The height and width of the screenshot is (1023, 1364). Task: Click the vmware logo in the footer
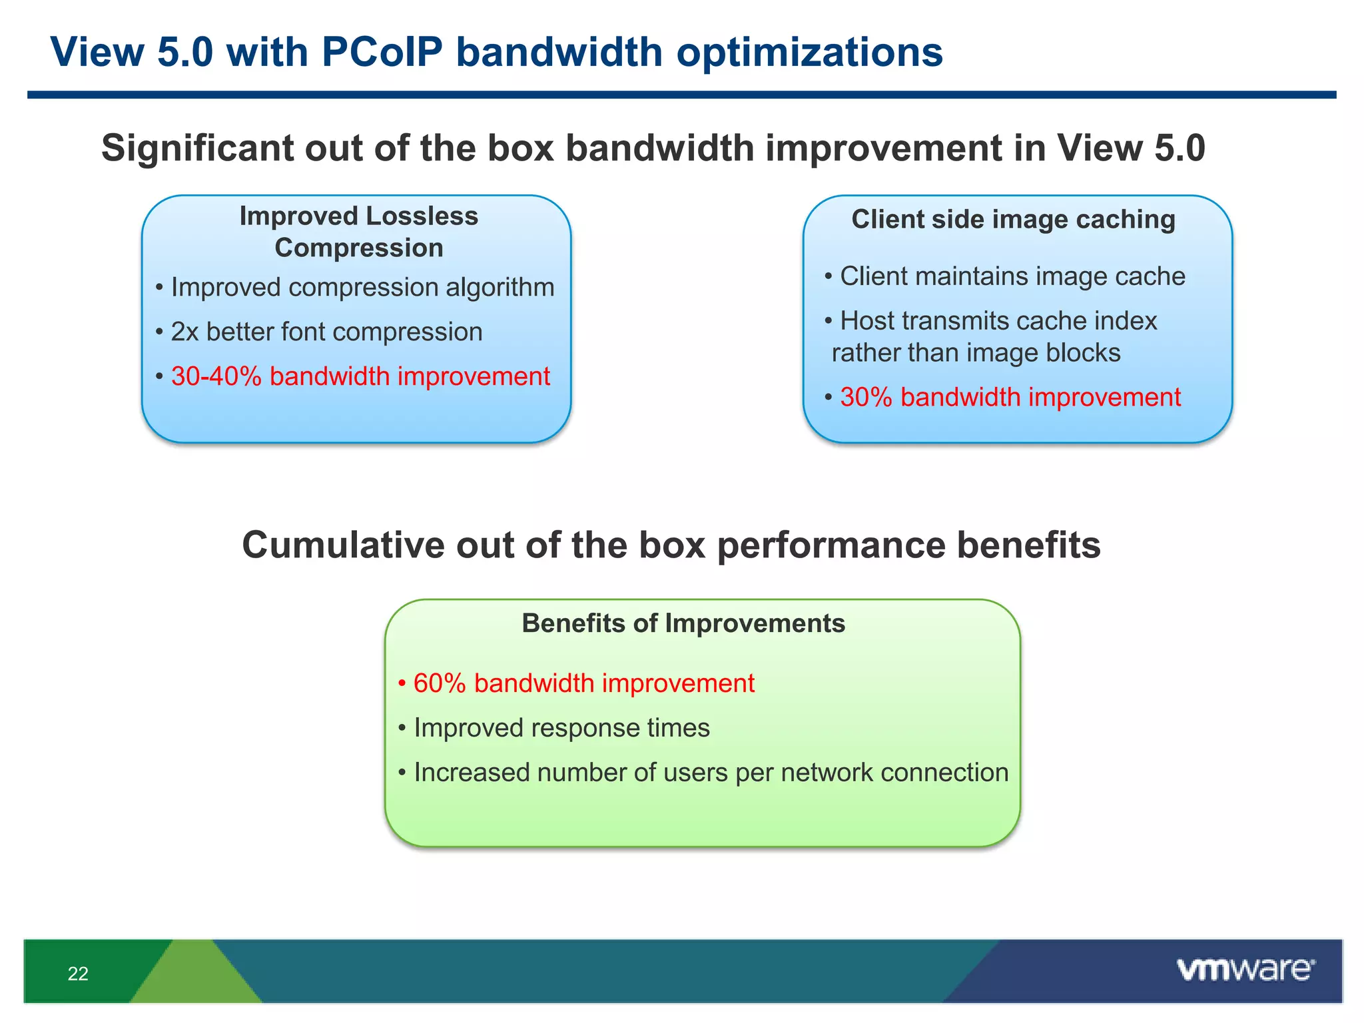(1245, 969)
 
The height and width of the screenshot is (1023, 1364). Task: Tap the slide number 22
(78, 974)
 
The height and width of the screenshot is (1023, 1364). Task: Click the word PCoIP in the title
(382, 52)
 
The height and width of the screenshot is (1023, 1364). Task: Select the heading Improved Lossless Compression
(358, 232)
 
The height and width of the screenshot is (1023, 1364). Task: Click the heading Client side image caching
(1013, 219)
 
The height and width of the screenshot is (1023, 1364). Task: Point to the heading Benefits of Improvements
(683, 623)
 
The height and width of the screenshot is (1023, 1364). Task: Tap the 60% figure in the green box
(439, 684)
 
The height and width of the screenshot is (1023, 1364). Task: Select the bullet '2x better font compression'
(326, 332)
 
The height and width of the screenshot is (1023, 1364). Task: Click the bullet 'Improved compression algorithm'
(362, 288)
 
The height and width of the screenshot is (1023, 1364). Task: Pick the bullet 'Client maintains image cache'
(1012, 276)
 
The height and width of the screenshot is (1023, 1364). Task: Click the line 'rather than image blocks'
(976, 353)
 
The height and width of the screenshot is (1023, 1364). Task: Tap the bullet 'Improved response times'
(561, 728)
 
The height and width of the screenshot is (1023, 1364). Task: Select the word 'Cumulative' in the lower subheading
(342, 545)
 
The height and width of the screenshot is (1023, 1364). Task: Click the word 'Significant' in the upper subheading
(197, 148)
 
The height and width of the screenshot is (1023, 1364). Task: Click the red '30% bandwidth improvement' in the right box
(1010, 398)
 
